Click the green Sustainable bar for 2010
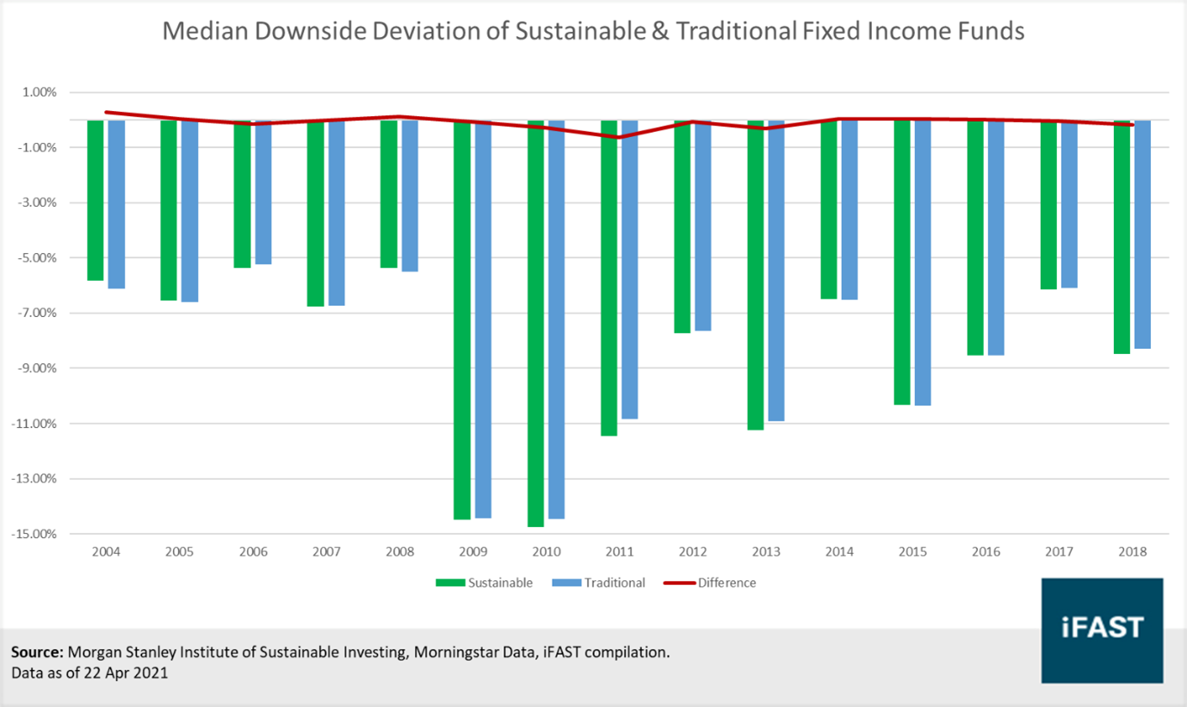click(535, 323)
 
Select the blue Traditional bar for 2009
click(483, 319)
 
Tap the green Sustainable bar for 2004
click(96, 200)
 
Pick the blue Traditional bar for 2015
click(923, 263)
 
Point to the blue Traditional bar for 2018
click(1142, 234)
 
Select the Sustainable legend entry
click(485, 583)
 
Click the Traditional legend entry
click(600, 583)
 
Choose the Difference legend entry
click(710, 583)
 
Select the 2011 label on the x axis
click(620, 552)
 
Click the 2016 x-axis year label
click(986, 552)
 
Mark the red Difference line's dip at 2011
click(618, 137)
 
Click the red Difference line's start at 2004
click(106, 112)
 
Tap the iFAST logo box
click(1102, 629)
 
